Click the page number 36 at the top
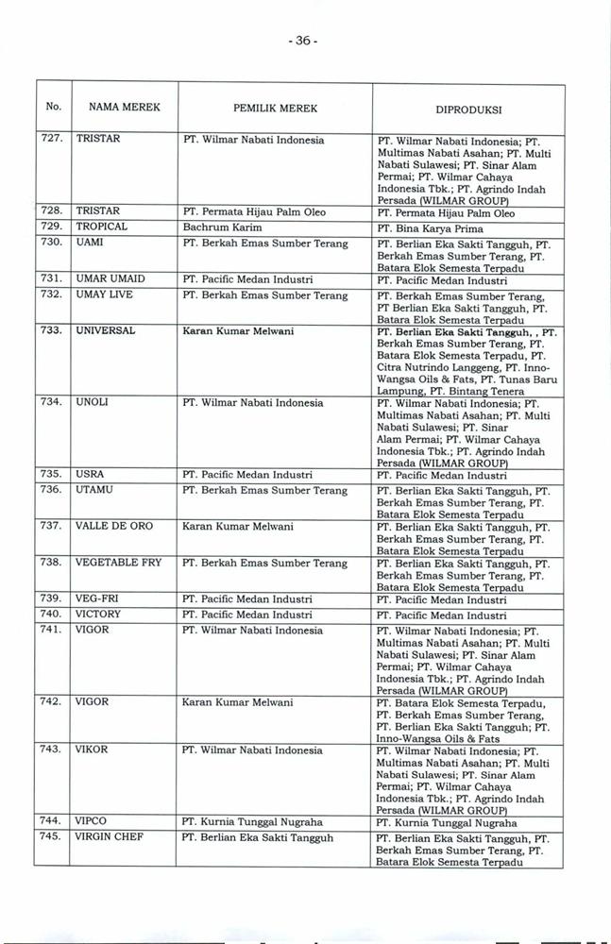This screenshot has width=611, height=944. pyautogui.click(x=306, y=42)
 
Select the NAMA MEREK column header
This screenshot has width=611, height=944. pyautogui.click(x=125, y=108)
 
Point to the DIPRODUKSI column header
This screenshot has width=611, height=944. pyautogui.click(x=467, y=110)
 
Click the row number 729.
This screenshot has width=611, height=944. pyautogui.click(x=53, y=228)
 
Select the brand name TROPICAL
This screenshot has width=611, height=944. pyautogui.click(x=101, y=228)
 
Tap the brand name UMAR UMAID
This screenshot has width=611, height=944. pyautogui.click(x=111, y=279)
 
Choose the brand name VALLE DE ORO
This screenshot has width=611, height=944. pyautogui.click(x=113, y=525)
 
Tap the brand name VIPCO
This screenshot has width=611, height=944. pyautogui.click(x=93, y=821)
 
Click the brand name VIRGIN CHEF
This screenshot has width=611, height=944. pyautogui.click(x=109, y=836)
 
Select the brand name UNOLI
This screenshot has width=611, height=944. pyautogui.click(x=92, y=402)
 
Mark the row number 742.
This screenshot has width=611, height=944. pyautogui.click(x=53, y=702)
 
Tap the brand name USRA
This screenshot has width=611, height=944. pyautogui.click(x=90, y=474)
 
